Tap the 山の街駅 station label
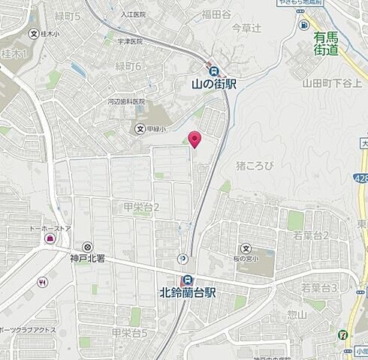[214, 85]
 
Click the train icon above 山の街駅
[213, 70]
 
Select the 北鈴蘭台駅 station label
[188, 292]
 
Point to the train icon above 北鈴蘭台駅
[188, 279]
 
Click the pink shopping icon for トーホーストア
[50, 238]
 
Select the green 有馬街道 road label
[327, 43]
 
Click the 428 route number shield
[361, 177]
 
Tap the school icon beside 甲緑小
[140, 129]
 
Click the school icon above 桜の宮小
[246, 248]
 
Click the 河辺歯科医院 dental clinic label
[126, 101]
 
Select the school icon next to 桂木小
[34, 34]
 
